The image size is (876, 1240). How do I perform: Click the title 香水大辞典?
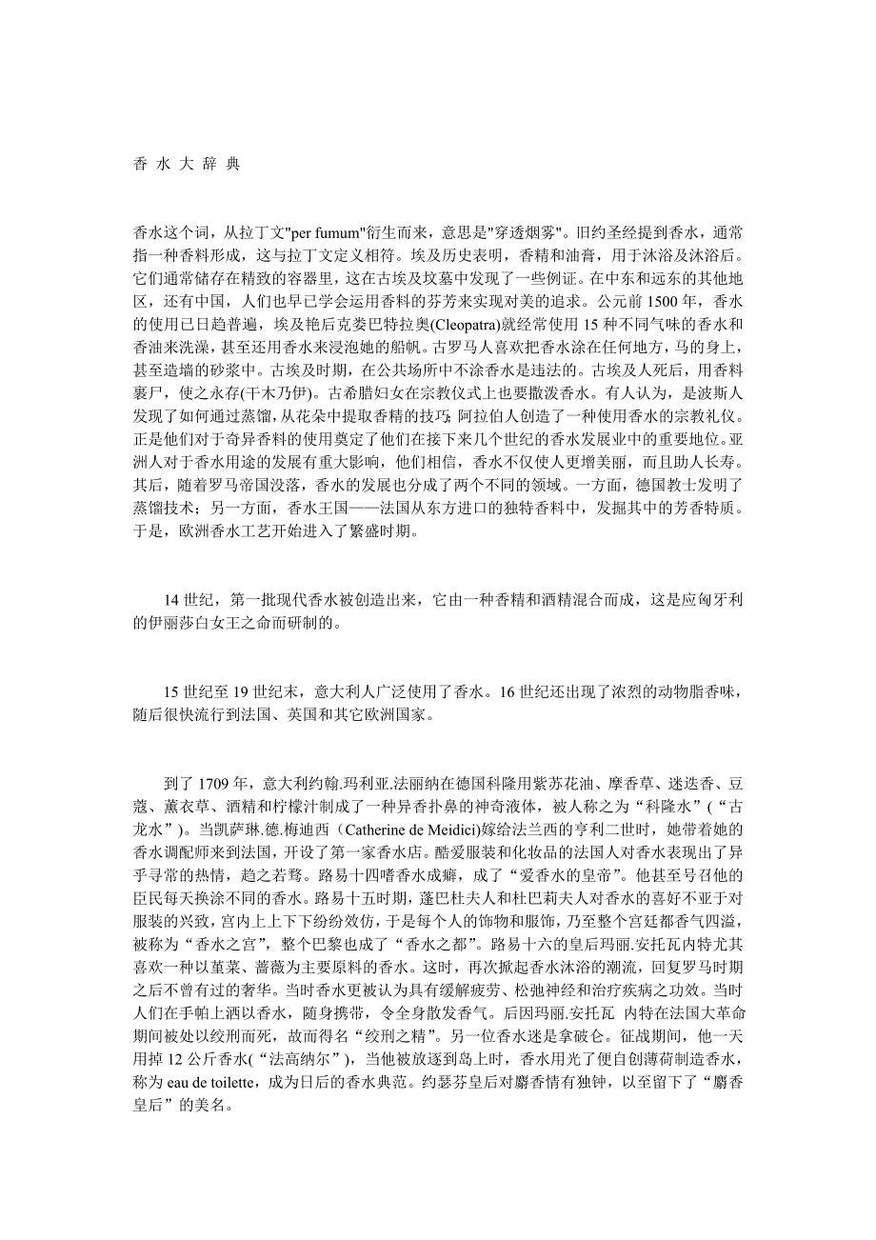coord(186,163)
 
